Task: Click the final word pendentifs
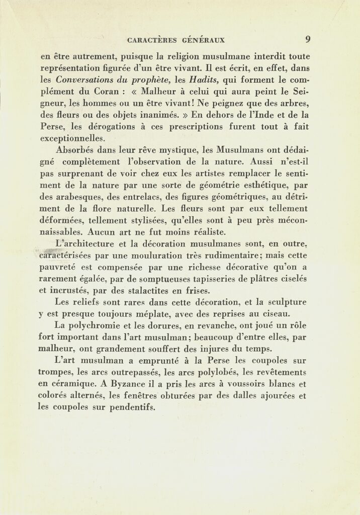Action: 134,407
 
